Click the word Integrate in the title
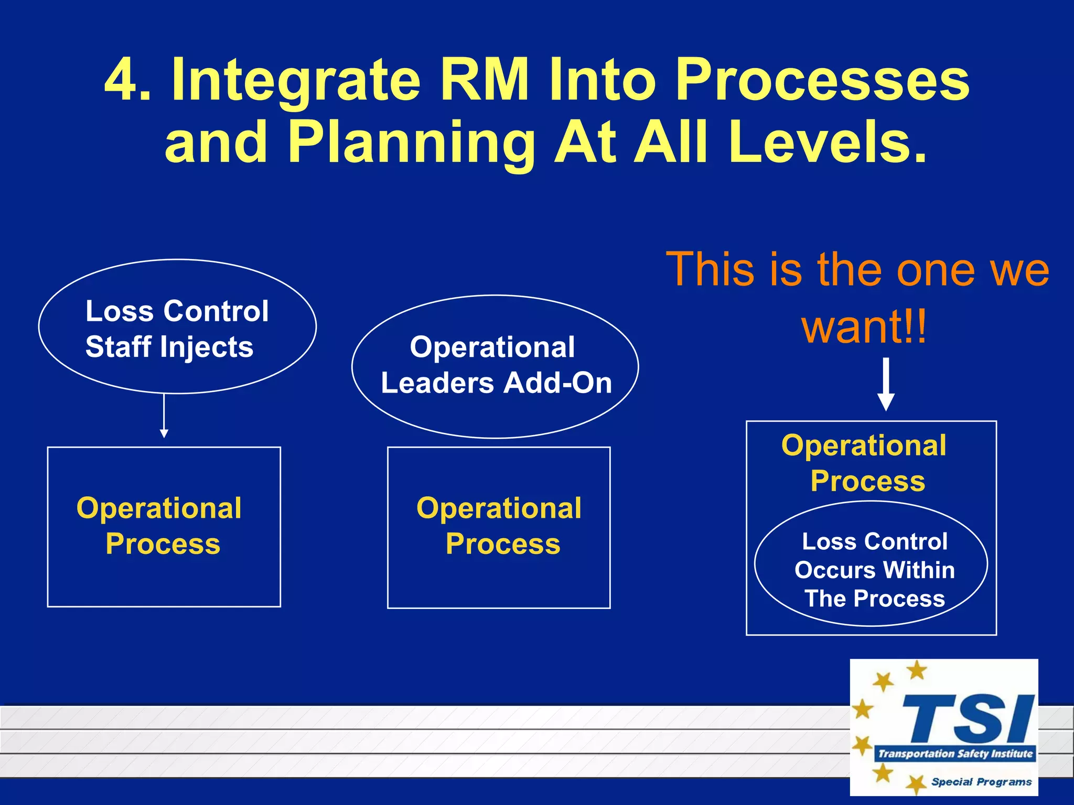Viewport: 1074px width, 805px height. point(295,81)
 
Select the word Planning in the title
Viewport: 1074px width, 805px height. point(411,143)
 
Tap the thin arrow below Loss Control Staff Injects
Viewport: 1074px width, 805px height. point(164,415)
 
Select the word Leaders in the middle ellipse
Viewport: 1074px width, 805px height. point(437,383)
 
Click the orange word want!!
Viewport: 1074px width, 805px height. point(864,326)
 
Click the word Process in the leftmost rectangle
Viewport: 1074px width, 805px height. point(163,543)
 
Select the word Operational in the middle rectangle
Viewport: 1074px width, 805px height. point(499,508)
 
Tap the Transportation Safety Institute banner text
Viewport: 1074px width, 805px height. point(955,754)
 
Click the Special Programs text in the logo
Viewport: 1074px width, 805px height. point(981,782)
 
